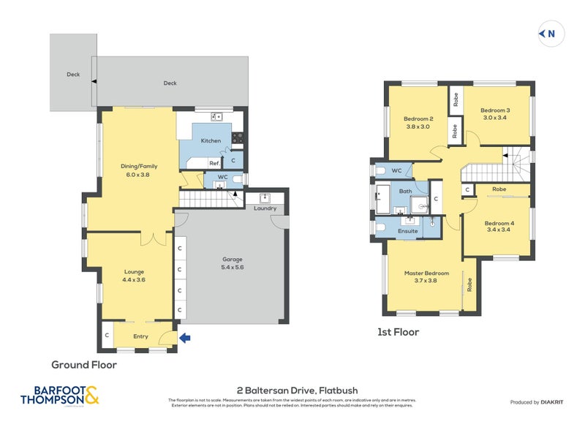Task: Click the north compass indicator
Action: (x=548, y=33)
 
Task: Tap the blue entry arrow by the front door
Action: (x=185, y=337)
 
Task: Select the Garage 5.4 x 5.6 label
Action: (x=233, y=263)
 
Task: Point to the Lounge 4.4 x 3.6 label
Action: (x=134, y=276)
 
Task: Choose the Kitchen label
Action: (x=211, y=140)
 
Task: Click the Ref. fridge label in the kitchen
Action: (x=214, y=163)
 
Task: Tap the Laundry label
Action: (x=265, y=208)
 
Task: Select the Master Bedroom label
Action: (x=426, y=277)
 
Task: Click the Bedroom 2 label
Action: (x=418, y=122)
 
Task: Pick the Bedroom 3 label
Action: (x=496, y=114)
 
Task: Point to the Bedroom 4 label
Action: (x=499, y=227)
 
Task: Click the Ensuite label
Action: (x=407, y=231)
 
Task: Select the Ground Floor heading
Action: (x=83, y=364)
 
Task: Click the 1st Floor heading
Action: (x=398, y=332)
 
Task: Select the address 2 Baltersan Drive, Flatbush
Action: (x=297, y=390)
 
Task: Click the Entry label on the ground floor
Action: (x=140, y=336)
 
